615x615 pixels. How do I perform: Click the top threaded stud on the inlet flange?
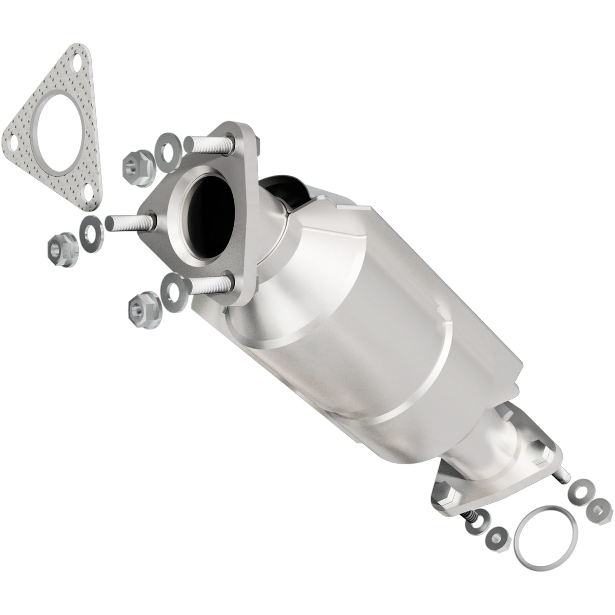point(210,143)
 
